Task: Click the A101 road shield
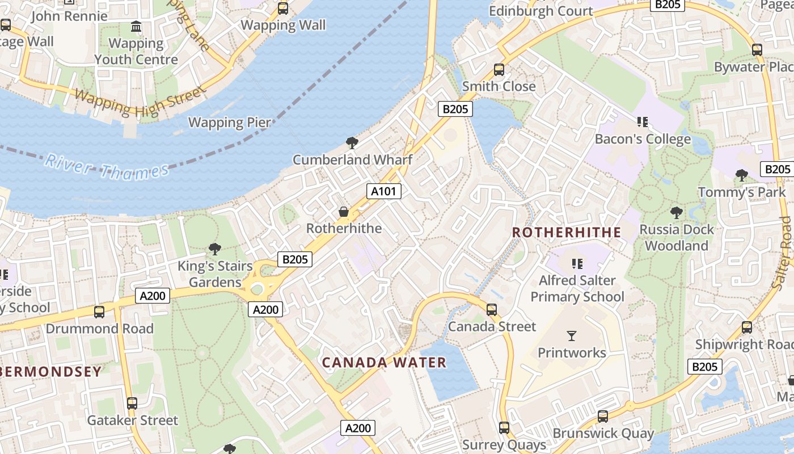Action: tap(384, 191)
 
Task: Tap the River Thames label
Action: tap(107, 167)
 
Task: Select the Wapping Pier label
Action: tap(229, 122)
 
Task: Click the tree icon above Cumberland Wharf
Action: tap(352, 143)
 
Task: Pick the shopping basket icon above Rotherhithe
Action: tap(344, 212)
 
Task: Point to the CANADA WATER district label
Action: tap(385, 362)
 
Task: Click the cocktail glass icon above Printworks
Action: tap(572, 336)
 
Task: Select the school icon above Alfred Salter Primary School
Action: tap(577, 263)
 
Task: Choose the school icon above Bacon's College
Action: tap(643, 122)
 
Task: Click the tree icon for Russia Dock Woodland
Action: tap(676, 213)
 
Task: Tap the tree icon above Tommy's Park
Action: tap(741, 175)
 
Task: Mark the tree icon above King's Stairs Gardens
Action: tap(215, 249)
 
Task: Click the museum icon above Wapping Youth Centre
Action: tap(136, 27)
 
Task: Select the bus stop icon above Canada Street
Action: tap(492, 310)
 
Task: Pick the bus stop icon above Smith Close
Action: tap(499, 70)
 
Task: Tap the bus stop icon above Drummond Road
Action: tap(99, 312)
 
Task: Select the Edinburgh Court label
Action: tap(540, 11)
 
